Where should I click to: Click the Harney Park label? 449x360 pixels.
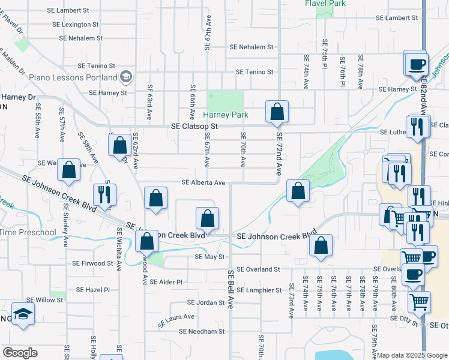coord(225,115)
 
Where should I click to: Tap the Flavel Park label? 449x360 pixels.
coord(325,4)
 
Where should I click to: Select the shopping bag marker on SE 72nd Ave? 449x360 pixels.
coord(277,112)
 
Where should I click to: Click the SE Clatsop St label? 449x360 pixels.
coord(194,127)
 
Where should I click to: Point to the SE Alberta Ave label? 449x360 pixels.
coord(203,183)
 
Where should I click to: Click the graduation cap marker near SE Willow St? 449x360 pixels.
coord(23,313)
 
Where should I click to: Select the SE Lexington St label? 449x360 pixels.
coord(75,25)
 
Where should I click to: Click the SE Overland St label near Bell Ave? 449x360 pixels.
coord(258,269)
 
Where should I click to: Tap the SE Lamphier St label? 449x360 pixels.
coord(259,290)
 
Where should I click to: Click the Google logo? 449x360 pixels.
coord(20,353)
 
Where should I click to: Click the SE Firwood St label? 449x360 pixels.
coord(92,263)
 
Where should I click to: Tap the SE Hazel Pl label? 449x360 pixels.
coord(89,289)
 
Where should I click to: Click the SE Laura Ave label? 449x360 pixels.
coord(176,320)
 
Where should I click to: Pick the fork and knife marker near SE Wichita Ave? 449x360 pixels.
coord(106,194)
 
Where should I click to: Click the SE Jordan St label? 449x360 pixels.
coord(205,302)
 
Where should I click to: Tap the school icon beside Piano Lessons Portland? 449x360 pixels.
coord(126,77)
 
